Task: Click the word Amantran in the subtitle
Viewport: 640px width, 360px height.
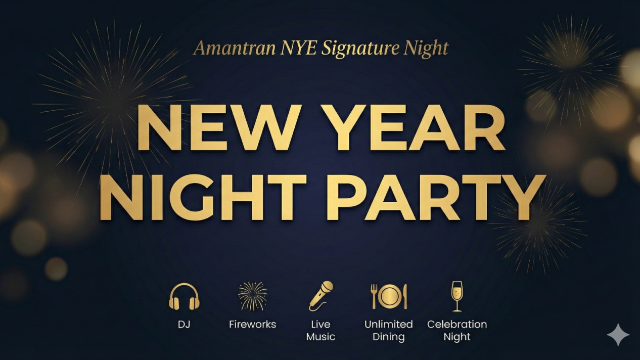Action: pos(235,49)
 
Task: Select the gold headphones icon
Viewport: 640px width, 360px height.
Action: pos(184,296)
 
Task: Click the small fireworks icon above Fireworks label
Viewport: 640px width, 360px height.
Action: pos(253,296)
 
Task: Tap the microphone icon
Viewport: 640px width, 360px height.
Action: pos(321,296)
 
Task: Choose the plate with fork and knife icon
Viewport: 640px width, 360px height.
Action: pos(389,296)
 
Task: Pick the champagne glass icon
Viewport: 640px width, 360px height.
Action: pos(457,296)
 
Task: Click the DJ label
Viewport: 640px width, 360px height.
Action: pos(184,325)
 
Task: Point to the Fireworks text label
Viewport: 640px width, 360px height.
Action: pos(253,325)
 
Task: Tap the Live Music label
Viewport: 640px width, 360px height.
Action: pos(321,331)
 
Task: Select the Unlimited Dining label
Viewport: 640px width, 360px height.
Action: pos(389,331)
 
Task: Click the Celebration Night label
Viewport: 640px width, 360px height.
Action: pos(457,331)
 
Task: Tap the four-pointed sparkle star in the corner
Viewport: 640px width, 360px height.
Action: pos(618,335)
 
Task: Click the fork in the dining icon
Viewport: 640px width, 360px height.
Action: pos(375,296)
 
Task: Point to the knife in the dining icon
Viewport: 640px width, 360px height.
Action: pos(405,296)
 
